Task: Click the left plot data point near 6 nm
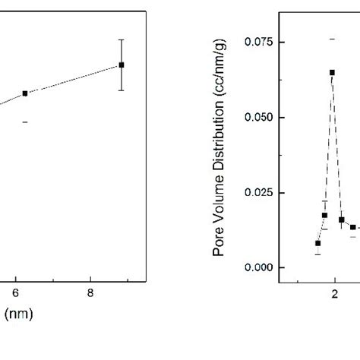(25, 93)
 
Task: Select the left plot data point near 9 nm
(122, 65)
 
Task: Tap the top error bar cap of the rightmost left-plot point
(122, 39)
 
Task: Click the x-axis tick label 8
(90, 292)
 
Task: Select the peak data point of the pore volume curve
(332, 72)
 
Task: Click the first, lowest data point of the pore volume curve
(317, 243)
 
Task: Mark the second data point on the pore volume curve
(324, 215)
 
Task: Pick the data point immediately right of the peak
(342, 220)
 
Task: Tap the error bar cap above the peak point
(332, 38)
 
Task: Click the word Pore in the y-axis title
(219, 244)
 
